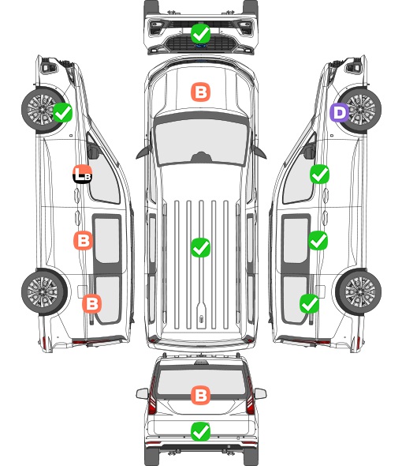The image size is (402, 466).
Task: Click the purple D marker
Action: pyautogui.click(x=340, y=113)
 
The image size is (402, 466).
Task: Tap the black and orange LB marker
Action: pyautogui.click(x=82, y=174)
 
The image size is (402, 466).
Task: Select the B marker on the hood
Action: pyautogui.click(x=200, y=92)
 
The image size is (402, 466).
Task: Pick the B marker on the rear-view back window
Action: pyautogui.click(x=200, y=395)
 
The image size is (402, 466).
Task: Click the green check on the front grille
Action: pyautogui.click(x=200, y=33)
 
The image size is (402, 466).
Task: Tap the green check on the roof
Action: pyautogui.click(x=200, y=247)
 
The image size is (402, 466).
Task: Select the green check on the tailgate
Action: pyautogui.click(x=200, y=431)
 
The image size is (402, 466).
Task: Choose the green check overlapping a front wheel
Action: pyautogui.click(x=62, y=112)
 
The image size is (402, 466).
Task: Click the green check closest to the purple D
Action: pyautogui.click(x=319, y=174)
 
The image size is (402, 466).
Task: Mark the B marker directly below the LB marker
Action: pyautogui.click(x=83, y=240)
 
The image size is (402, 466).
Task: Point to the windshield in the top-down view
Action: pyautogui.click(x=201, y=141)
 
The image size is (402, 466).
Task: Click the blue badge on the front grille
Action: pyautogui.click(x=200, y=46)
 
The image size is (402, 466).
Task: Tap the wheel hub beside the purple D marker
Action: pyautogui.click(x=360, y=109)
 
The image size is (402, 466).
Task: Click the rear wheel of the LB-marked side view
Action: pyautogui.click(x=44, y=291)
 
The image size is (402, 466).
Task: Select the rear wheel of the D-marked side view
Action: pyautogui.click(x=359, y=291)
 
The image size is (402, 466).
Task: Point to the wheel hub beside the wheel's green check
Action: pyautogui.click(x=42, y=109)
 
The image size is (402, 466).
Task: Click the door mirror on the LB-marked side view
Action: pyautogui.click(x=92, y=150)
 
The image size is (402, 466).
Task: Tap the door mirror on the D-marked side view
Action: pyautogui.click(x=310, y=150)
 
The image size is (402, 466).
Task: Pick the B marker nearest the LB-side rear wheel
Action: pyautogui.click(x=91, y=304)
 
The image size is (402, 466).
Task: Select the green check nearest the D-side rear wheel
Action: pyautogui.click(x=309, y=304)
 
